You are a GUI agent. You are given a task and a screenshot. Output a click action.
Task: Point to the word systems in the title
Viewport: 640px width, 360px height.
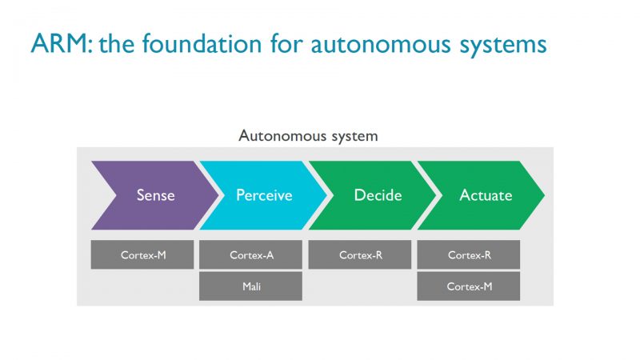coord(499,44)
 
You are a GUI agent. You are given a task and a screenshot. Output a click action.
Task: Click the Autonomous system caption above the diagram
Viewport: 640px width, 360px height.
coord(308,136)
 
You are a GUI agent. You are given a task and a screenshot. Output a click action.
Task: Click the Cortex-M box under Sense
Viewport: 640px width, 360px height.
coord(142,255)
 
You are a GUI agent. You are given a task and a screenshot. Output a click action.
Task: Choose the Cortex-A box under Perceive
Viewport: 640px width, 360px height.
coord(251,255)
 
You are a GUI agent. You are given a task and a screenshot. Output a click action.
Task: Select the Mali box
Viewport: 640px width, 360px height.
coord(251,286)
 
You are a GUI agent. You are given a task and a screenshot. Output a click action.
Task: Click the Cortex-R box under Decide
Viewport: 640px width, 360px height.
coord(360,255)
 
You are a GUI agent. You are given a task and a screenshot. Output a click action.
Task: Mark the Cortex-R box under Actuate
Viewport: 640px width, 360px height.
coord(469,255)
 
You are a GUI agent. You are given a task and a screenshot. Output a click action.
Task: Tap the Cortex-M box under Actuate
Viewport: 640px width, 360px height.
coord(469,286)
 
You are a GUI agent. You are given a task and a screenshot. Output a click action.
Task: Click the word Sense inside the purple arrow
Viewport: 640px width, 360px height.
coord(155,195)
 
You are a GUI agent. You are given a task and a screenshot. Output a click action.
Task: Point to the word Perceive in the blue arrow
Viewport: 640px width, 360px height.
coord(264,195)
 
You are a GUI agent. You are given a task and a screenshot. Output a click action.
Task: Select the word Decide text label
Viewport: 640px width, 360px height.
coord(376,195)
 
